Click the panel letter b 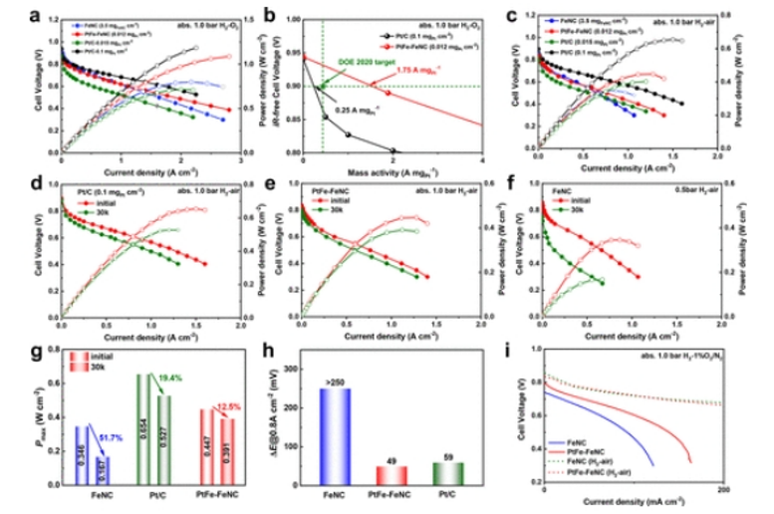pyautogui.click(x=266, y=15)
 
